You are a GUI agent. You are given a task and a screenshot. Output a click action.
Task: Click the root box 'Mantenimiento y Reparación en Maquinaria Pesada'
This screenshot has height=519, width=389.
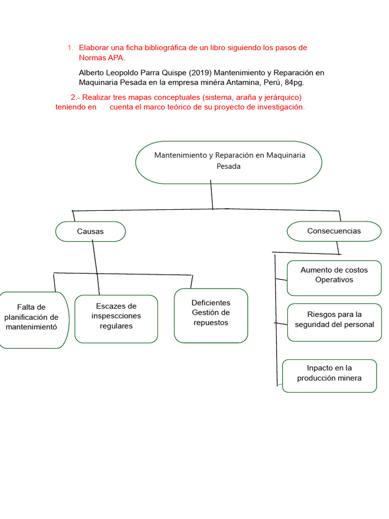[x=229, y=162]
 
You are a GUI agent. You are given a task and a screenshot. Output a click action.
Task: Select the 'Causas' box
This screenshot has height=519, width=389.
[x=90, y=231]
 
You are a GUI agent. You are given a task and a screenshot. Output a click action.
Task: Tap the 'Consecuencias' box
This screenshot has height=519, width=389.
[x=334, y=231]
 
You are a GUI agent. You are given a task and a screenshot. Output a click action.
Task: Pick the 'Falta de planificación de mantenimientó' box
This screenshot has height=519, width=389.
[x=31, y=317]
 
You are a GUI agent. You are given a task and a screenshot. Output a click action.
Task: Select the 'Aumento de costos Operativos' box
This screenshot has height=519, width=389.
[x=334, y=277]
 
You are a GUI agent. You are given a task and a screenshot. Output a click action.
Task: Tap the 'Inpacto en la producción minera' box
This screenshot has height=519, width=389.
[x=329, y=375]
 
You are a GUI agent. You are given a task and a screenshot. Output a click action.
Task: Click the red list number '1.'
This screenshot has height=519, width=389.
[x=70, y=48]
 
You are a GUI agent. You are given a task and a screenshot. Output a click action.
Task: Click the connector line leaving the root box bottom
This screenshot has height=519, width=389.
[x=212, y=196]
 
